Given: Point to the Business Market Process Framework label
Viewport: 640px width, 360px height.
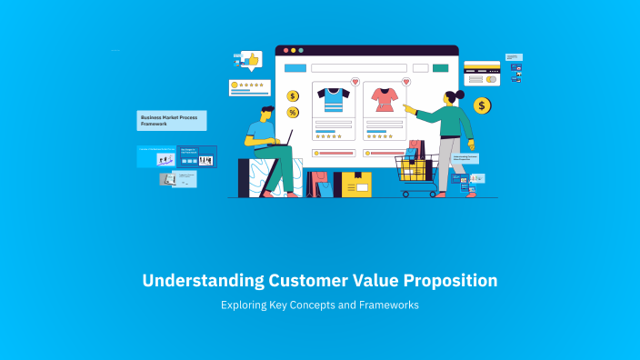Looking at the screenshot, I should [172, 120].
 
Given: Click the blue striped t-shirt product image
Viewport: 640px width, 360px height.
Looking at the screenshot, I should [332, 99].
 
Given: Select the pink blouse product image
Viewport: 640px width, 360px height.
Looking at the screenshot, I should [383, 99].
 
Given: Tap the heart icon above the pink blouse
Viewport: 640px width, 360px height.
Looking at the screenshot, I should [405, 82].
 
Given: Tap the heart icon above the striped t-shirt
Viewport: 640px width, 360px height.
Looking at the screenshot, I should [355, 82].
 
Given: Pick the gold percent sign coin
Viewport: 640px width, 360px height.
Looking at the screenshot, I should [293, 112].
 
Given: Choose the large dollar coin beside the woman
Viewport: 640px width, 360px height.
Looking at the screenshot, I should [482, 106].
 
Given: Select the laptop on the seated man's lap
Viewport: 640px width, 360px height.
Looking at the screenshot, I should [283, 139].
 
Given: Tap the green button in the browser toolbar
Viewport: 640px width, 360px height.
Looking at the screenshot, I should [441, 68].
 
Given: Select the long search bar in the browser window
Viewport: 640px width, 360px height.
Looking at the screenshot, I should [358, 68].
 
